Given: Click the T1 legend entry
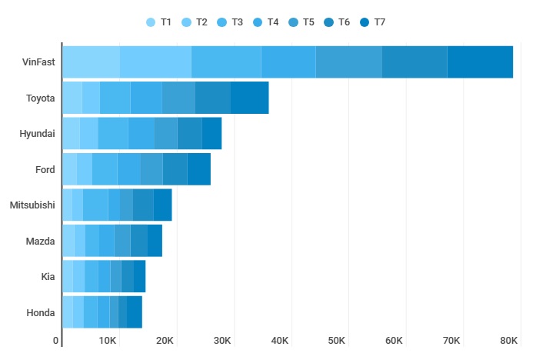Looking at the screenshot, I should tap(159, 22).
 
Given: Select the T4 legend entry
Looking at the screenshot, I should tap(266, 22).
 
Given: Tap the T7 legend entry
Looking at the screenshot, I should tap(373, 22).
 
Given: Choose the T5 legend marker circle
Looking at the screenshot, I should tap(293, 22).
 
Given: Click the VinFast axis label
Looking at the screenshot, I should tap(38, 62).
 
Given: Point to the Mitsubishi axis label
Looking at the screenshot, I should tap(32, 205).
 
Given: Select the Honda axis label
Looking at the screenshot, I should tap(41, 312).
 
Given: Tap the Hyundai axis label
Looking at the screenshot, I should tap(37, 134).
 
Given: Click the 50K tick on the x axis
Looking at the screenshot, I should tap(337, 340).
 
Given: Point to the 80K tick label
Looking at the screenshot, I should tap(509, 340).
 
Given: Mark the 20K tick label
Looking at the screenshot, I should tap(165, 340).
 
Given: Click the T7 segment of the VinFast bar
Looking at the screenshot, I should tap(480, 62).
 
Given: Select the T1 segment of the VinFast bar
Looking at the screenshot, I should tap(91, 62).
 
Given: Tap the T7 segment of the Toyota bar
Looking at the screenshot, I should tap(249, 98).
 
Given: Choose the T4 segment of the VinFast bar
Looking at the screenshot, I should tap(288, 62).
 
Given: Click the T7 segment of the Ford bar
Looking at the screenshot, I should tap(198, 169).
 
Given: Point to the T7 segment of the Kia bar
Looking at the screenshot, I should tap(140, 276).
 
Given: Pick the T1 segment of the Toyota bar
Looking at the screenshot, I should tap(72, 98).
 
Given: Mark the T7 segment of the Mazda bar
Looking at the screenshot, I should tap(155, 241).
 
